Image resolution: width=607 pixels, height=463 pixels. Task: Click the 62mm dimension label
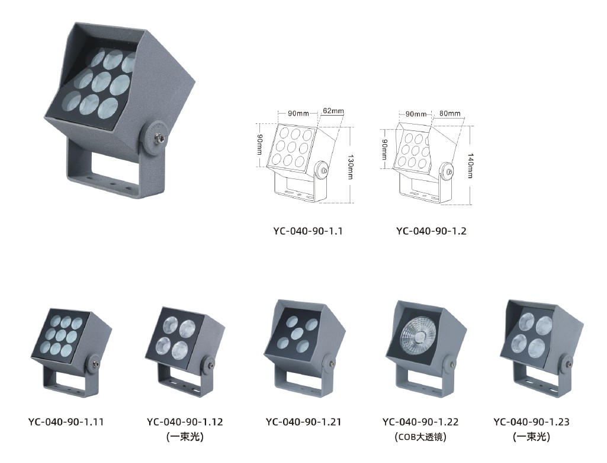(x=333, y=111)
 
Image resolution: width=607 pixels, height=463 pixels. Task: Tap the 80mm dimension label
(x=450, y=113)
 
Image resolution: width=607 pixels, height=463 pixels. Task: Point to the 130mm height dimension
(x=350, y=167)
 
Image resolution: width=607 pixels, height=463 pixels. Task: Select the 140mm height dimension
(x=470, y=165)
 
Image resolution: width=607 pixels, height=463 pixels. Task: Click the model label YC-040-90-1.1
(x=308, y=231)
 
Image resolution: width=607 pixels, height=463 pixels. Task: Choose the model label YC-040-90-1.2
(x=431, y=231)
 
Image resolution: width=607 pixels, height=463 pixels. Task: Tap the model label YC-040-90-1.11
(x=66, y=422)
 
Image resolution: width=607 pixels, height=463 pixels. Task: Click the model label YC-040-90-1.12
(x=185, y=422)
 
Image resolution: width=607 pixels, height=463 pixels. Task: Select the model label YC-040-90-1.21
(x=303, y=422)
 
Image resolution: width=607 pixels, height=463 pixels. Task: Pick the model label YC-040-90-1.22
(x=420, y=422)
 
